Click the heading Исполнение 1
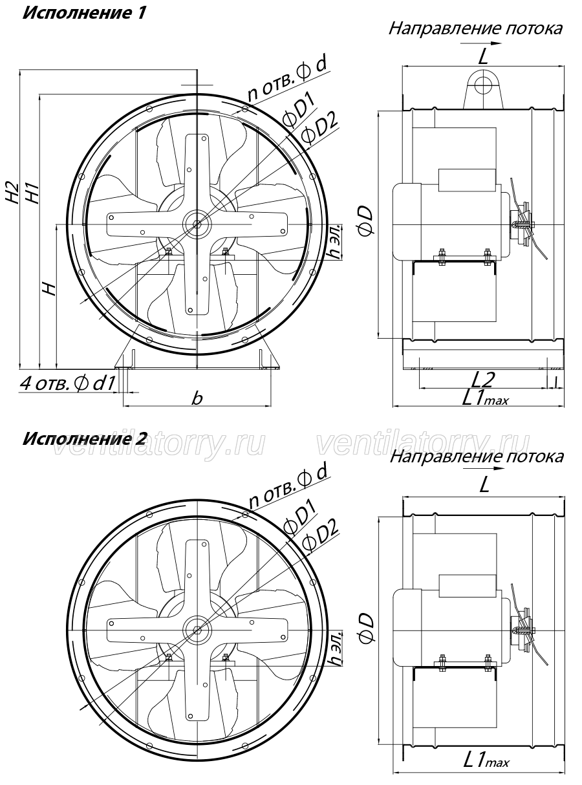coord(84,14)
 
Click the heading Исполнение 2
coord(85,439)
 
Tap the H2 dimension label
coord(12,193)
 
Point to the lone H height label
coord(49,288)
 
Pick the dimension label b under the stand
coord(197,398)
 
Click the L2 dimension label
coord(483,380)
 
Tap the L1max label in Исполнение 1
coord(486,398)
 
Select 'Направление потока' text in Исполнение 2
coord(477,457)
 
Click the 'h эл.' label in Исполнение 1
coord(336,242)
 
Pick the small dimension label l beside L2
coord(555,381)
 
